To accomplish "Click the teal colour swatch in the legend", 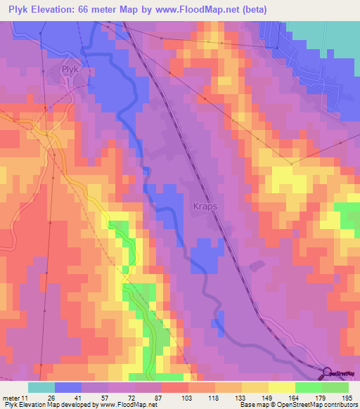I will [x=41, y=387].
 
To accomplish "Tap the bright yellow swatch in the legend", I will [x=281, y=387].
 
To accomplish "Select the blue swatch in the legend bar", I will [x=67, y=387].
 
